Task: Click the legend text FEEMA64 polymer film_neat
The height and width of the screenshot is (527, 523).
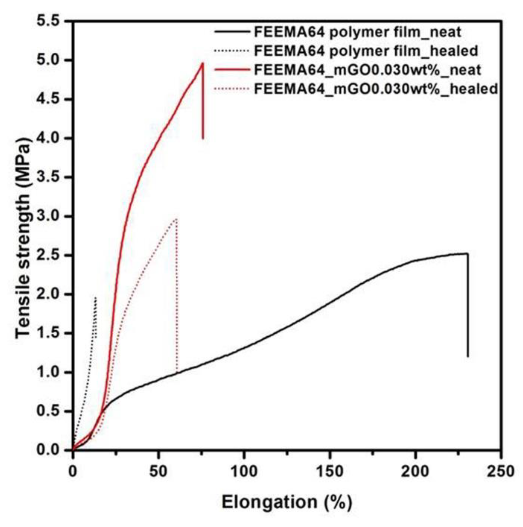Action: point(357,32)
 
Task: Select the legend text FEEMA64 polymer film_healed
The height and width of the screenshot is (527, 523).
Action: point(366,51)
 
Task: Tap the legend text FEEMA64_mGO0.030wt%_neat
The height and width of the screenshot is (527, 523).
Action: point(367,70)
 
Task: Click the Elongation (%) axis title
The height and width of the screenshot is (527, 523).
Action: point(287,502)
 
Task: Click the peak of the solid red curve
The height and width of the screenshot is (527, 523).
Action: point(203,63)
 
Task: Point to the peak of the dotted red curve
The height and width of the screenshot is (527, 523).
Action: point(176,218)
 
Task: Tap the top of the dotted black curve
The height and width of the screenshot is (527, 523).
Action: point(95,297)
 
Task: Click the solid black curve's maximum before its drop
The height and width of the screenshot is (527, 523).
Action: point(467,253)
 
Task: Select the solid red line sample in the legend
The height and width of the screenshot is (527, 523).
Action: point(232,70)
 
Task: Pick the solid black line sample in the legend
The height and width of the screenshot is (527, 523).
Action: point(232,32)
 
